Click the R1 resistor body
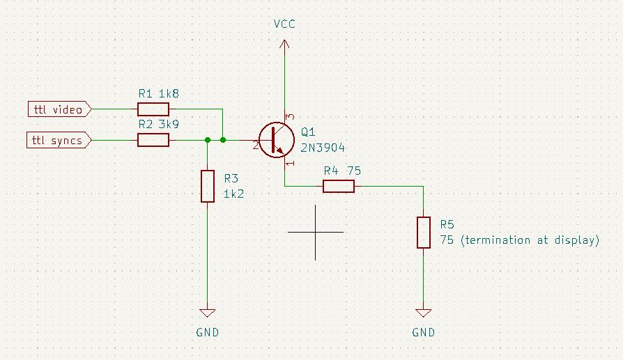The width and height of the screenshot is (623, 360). (153, 109)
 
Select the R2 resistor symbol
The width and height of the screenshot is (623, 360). (153, 140)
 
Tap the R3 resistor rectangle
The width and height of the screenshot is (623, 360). (207, 186)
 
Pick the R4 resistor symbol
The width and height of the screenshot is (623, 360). (339, 186)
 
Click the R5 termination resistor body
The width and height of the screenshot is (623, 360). (424, 232)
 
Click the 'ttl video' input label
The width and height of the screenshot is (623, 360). (60, 109)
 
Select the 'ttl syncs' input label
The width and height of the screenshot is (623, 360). (60, 141)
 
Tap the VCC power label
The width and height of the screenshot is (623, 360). (284, 24)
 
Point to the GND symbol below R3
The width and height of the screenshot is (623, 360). (207, 313)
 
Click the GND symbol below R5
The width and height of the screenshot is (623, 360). (424, 313)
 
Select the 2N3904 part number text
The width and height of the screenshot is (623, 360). (323, 148)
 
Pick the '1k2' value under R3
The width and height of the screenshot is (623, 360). (233, 194)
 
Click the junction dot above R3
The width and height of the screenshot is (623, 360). (208, 140)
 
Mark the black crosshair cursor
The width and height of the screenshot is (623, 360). (315, 232)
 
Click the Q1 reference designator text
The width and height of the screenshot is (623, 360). (308, 132)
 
